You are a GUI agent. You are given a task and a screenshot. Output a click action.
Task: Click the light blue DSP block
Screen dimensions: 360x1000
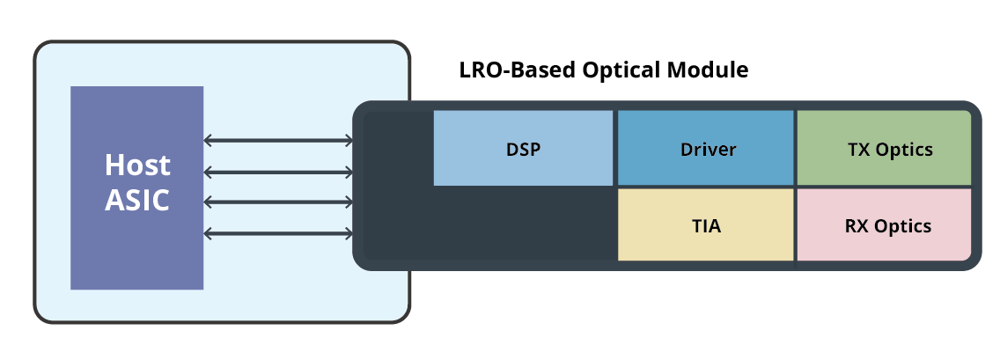[x=523, y=148]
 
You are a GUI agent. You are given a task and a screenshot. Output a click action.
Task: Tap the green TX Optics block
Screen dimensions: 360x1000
[x=884, y=148]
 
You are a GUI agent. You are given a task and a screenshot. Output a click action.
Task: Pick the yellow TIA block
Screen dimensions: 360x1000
[x=705, y=225]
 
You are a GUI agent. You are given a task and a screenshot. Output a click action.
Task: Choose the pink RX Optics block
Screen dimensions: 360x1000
[x=884, y=225]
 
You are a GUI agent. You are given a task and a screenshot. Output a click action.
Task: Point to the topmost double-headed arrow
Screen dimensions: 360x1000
[x=278, y=140]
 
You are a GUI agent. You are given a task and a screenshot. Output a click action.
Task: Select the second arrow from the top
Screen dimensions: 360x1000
[x=278, y=171]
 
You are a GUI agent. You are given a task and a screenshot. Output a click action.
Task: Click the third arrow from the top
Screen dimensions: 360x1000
[x=278, y=202]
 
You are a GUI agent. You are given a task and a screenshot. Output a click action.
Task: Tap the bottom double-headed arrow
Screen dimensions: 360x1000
[x=278, y=233]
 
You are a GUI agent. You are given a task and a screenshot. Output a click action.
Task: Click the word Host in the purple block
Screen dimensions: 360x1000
[x=137, y=165]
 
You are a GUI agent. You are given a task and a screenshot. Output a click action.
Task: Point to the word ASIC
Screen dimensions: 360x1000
[x=137, y=201]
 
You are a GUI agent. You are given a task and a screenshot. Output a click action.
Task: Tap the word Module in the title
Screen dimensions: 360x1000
[x=714, y=70]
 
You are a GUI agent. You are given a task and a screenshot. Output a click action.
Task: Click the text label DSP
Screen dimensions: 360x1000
[x=523, y=149]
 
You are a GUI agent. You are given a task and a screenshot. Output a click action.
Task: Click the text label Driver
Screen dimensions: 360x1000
[x=708, y=149]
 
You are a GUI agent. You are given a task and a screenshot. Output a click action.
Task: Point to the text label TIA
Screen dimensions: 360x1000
[x=705, y=226]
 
